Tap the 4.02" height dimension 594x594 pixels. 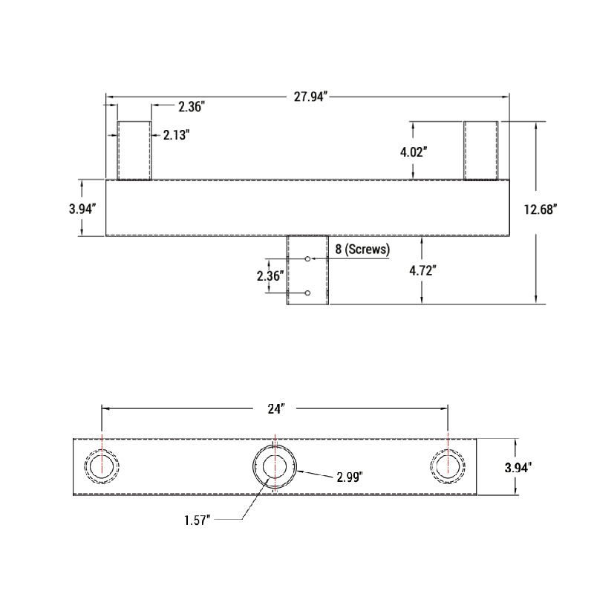(x=413, y=151)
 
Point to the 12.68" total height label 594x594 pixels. (x=541, y=209)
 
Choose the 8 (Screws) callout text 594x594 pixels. (x=362, y=249)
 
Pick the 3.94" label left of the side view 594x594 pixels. (x=82, y=209)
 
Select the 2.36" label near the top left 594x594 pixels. (x=191, y=107)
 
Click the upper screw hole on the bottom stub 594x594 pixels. (x=307, y=258)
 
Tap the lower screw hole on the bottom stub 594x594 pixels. (x=307, y=294)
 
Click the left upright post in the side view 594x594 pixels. (x=134, y=151)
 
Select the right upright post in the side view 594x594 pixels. (x=482, y=151)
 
